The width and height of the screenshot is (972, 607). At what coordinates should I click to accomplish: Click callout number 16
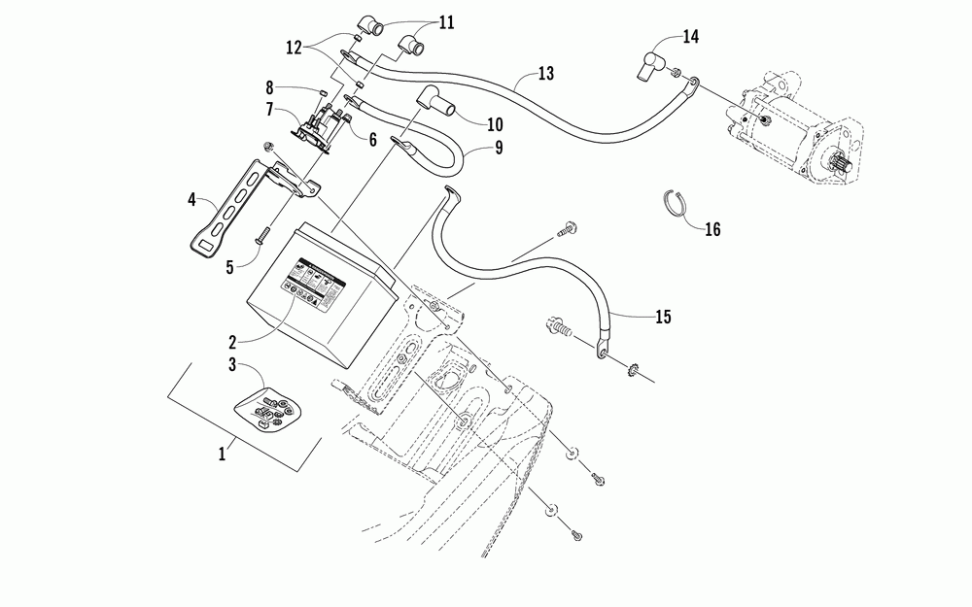pyautogui.click(x=712, y=229)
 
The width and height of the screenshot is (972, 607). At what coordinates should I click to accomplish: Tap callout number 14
pyautogui.click(x=690, y=37)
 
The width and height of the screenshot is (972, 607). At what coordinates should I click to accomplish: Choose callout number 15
pyautogui.click(x=662, y=317)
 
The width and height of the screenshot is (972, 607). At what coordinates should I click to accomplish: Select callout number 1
pyautogui.click(x=222, y=453)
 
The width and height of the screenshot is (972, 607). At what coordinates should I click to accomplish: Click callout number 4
pyautogui.click(x=193, y=201)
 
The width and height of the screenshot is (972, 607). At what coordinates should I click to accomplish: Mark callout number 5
pyautogui.click(x=229, y=264)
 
